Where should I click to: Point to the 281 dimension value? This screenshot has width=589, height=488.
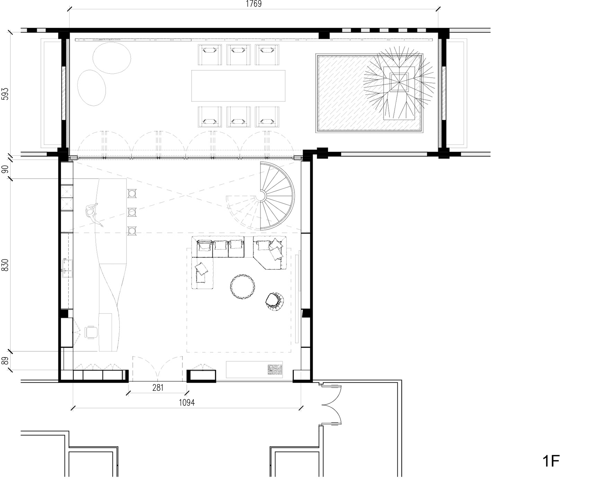[158, 388]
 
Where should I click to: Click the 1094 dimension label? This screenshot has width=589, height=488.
[186, 402]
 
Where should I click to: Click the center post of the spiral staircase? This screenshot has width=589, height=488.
[260, 196]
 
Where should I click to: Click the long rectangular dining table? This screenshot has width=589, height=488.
[238, 86]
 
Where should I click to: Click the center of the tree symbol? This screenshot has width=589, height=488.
[399, 82]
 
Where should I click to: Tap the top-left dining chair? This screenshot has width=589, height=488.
[210, 54]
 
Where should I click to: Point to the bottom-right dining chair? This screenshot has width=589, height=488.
[267, 117]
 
